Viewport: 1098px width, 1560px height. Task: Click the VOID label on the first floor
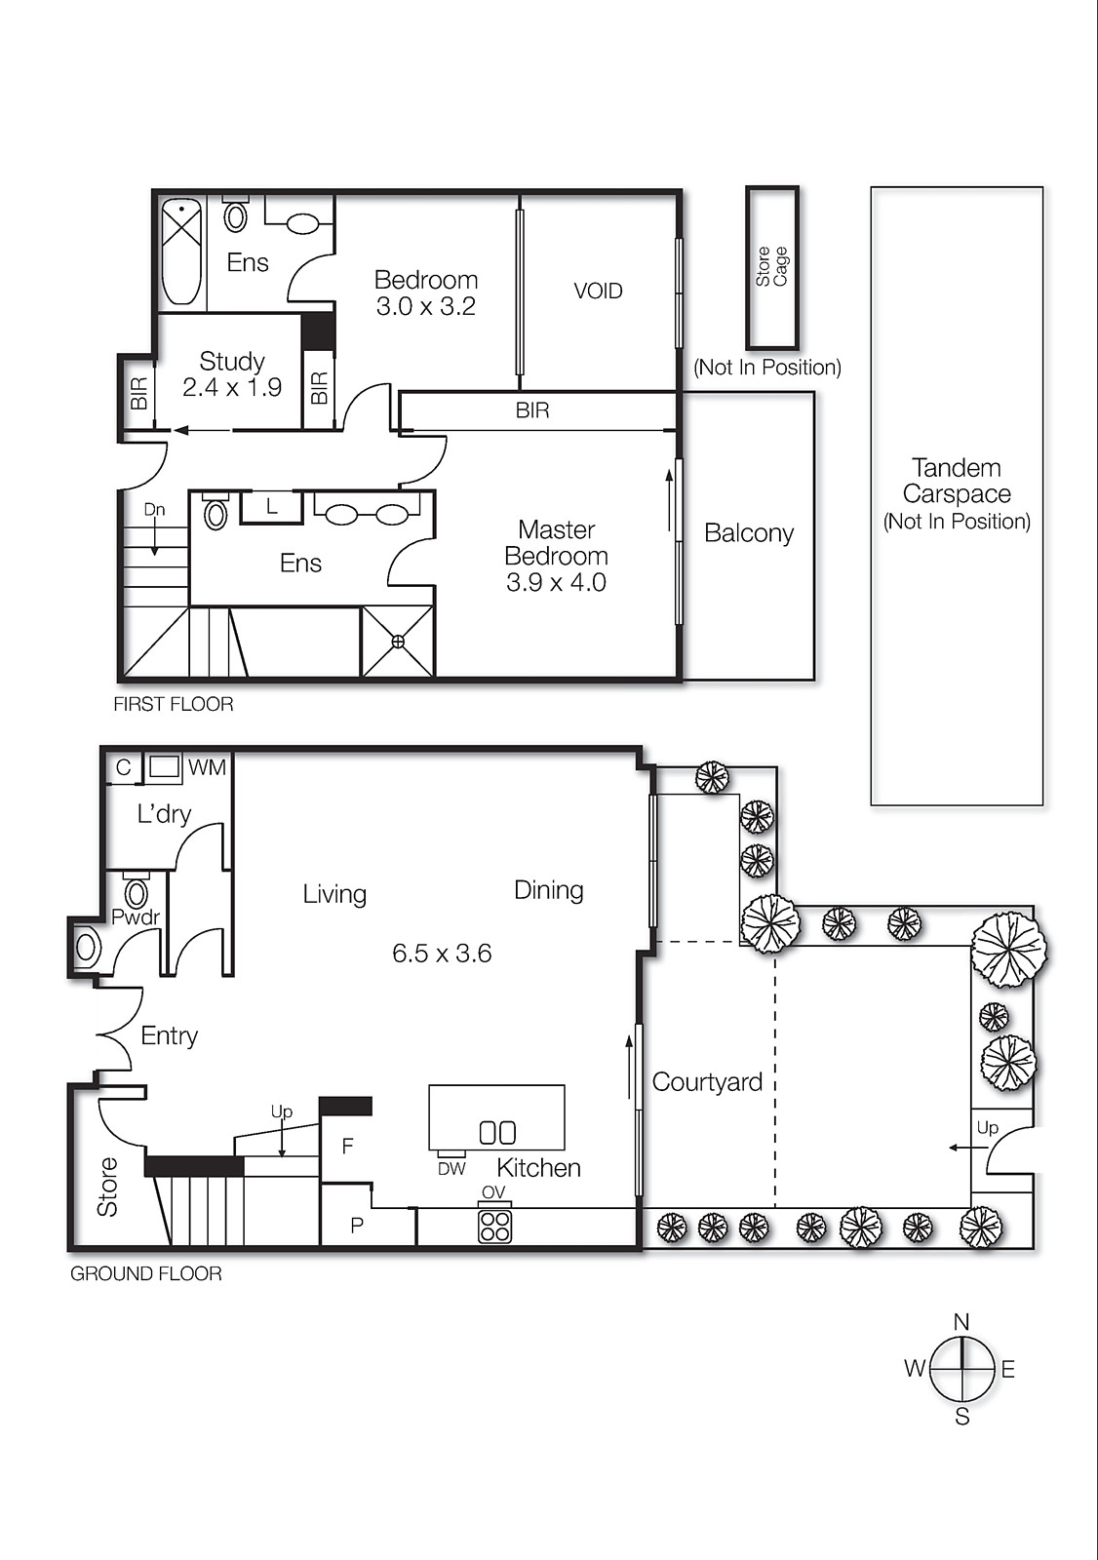pyautogui.click(x=598, y=291)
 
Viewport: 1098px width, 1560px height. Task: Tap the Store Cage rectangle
pyautogui.click(x=772, y=267)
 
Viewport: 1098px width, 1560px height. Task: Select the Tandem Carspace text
pyautogui.click(x=957, y=482)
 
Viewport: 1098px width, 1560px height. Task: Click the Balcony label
pyautogui.click(x=749, y=533)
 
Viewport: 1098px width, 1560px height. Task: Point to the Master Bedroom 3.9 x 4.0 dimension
pyautogui.click(x=556, y=583)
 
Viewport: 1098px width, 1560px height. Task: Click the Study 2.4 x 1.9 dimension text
pyautogui.click(x=232, y=388)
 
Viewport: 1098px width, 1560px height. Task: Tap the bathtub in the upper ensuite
pyautogui.click(x=180, y=252)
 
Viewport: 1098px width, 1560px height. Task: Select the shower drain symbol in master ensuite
pyautogui.click(x=398, y=643)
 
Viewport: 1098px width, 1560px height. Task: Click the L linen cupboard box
pyautogui.click(x=271, y=507)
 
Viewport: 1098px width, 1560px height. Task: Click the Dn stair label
pyautogui.click(x=154, y=510)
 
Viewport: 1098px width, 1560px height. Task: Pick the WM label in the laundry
pyautogui.click(x=208, y=767)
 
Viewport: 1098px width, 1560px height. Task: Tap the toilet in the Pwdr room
pyautogui.click(x=137, y=892)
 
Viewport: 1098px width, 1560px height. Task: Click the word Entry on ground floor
pyautogui.click(x=170, y=1035)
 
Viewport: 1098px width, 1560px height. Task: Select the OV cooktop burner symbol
pyautogui.click(x=495, y=1226)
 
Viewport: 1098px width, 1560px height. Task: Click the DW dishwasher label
pyautogui.click(x=451, y=1169)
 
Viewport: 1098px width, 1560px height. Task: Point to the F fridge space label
pyautogui.click(x=347, y=1147)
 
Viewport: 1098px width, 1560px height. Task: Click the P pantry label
pyautogui.click(x=357, y=1226)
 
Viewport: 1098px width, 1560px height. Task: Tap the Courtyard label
pyautogui.click(x=707, y=1082)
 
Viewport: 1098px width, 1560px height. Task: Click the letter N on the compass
pyautogui.click(x=961, y=1323)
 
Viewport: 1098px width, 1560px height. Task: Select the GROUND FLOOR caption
pyautogui.click(x=146, y=1273)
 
